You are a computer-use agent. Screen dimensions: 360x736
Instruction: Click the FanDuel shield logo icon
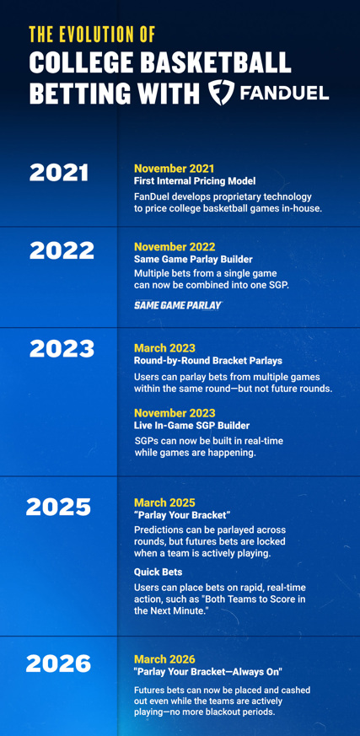pyautogui.click(x=222, y=92)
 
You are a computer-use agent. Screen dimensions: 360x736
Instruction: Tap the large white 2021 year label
pyautogui.click(x=59, y=173)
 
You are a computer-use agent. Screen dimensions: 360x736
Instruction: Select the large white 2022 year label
pyautogui.click(x=62, y=251)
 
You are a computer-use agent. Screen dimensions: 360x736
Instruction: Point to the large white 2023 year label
pyautogui.click(x=62, y=349)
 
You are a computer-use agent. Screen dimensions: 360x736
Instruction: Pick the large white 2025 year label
pyautogui.click(x=59, y=508)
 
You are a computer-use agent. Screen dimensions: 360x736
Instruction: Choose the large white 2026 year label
pyautogui.click(x=59, y=663)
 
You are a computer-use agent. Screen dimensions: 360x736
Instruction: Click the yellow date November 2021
pyautogui.click(x=175, y=169)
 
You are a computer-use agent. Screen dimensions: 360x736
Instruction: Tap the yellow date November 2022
pyautogui.click(x=175, y=247)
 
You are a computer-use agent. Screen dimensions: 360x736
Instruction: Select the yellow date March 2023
pyautogui.click(x=164, y=348)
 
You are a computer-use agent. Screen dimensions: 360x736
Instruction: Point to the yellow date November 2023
pyautogui.click(x=175, y=413)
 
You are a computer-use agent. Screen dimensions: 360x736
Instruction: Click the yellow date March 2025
pyautogui.click(x=164, y=502)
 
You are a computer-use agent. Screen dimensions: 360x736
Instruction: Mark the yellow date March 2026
pyautogui.click(x=164, y=659)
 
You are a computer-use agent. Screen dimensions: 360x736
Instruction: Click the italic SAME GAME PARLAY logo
pyautogui.click(x=178, y=305)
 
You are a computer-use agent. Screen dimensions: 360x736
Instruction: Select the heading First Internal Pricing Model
pyautogui.click(x=195, y=180)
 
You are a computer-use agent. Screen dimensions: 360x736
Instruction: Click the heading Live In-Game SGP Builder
pyautogui.click(x=192, y=426)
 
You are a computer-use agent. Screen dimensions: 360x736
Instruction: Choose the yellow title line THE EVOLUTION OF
pyautogui.click(x=92, y=35)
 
